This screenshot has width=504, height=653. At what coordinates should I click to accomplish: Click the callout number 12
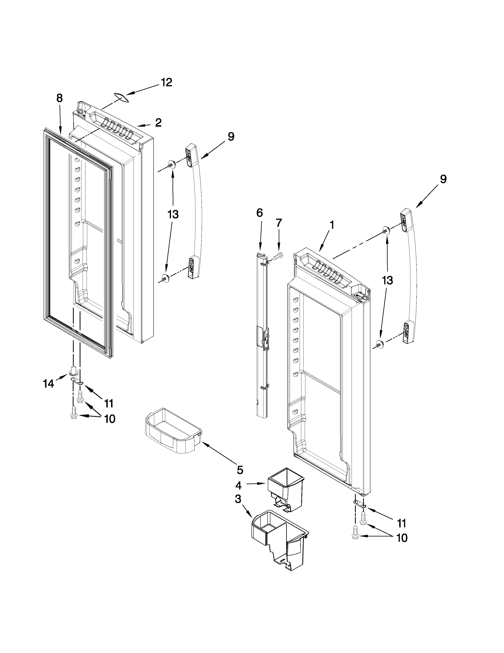coord(167,83)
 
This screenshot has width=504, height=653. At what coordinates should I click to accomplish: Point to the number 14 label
coord(48,384)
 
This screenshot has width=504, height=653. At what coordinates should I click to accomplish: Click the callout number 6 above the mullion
coord(260,213)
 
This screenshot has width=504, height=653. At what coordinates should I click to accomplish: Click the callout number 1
coord(331,225)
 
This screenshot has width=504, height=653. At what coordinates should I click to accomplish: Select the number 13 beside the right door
coord(387,280)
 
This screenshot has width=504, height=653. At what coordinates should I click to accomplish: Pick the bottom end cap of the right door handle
coord(409,332)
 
